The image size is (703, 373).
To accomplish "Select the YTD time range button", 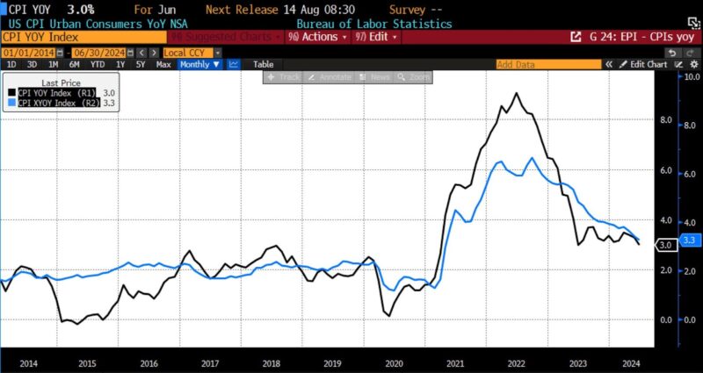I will click(x=97, y=65).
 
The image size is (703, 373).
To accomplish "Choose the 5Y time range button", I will click(x=141, y=65).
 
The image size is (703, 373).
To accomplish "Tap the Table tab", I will click(x=264, y=65).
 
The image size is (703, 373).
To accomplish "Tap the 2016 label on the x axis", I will click(x=149, y=362).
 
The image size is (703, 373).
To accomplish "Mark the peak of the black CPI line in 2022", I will click(x=516, y=93).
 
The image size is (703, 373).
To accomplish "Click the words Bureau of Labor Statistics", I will click(x=374, y=24).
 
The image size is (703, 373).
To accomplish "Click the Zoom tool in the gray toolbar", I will click(x=415, y=77).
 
